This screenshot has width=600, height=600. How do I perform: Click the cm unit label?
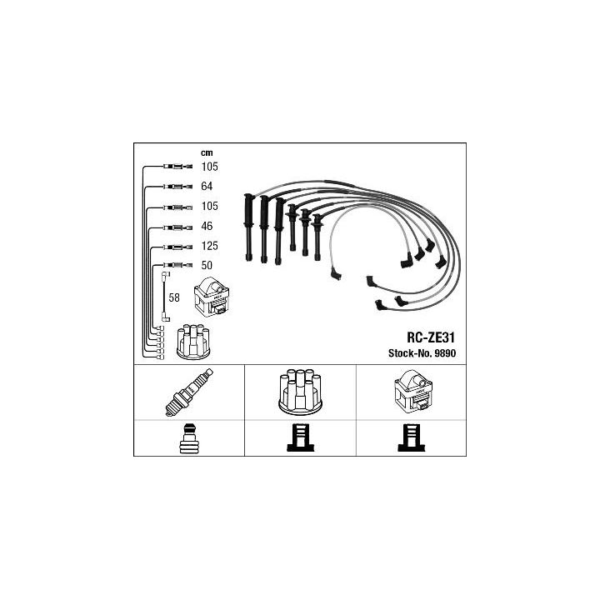(x=207, y=153)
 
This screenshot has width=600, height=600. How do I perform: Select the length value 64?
(x=207, y=186)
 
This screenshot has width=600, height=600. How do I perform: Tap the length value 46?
(x=207, y=226)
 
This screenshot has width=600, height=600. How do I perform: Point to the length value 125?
(x=210, y=246)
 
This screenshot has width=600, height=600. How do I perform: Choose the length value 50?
(x=207, y=265)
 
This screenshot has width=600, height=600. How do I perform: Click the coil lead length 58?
(x=174, y=297)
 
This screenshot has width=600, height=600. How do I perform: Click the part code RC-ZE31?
(x=431, y=337)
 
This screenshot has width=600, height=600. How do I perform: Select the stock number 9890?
(x=445, y=352)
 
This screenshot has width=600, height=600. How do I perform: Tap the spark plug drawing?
(x=189, y=392)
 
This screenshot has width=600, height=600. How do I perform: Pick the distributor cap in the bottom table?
(x=300, y=392)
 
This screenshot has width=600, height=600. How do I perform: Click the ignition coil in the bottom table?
(x=413, y=391)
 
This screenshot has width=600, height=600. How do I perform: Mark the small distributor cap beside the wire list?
(x=192, y=342)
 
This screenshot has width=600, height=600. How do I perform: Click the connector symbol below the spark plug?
(x=189, y=438)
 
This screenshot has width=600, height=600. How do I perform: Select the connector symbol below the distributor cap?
(x=300, y=437)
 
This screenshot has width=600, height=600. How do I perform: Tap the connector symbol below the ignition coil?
(x=412, y=437)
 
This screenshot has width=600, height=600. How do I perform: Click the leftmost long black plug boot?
(x=248, y=227)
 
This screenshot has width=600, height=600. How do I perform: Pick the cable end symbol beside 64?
(x=177, y=187)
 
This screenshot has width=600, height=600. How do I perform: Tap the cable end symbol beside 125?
(x=177, y=246)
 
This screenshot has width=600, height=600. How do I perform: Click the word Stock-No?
(x=410, y=352)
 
